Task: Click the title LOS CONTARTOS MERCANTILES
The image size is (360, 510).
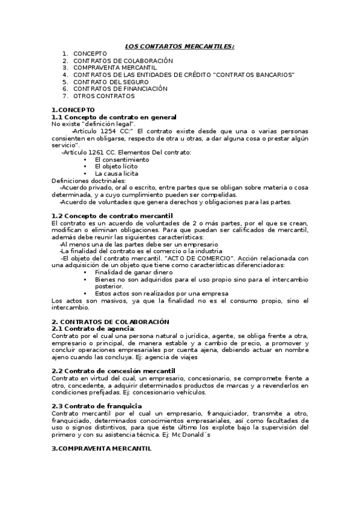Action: (x=180, y=46)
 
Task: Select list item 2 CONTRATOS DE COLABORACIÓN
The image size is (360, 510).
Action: (x=123, y=61)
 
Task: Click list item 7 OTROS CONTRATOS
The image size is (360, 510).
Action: (x=103, y=96)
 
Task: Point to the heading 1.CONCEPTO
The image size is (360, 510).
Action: (x=70, y=109)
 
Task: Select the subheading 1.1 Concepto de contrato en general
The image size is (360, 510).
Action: (x=114, y=117)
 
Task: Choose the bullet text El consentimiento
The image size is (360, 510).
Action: (x=122, y=159)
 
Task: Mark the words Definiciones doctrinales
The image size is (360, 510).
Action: (x=89, y=180)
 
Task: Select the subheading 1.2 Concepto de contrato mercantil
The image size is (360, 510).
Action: (x=112, y=215)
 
